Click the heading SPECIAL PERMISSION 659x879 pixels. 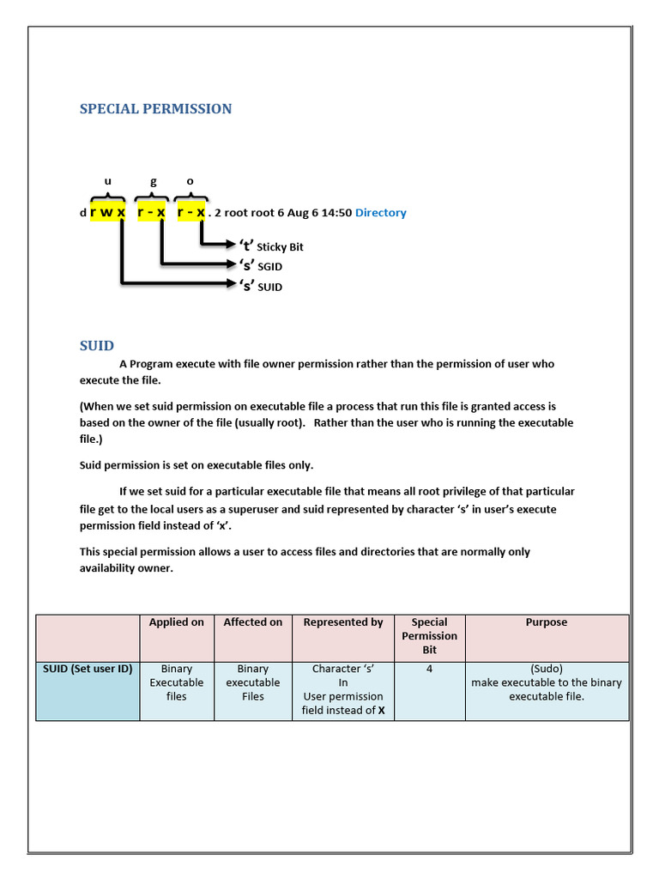tap(155, 109)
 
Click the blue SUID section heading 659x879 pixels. tap(96, 345)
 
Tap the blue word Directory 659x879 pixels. tap(380, 213)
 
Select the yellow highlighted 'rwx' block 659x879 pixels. tap(107, 212)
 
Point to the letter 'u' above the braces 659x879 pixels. tap(107, 181)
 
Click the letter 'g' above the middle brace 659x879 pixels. tap(154, 181)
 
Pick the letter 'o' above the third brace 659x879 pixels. tap(190, 181)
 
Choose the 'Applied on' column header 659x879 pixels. tap(176, 622)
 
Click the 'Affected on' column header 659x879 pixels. tap(252, 622)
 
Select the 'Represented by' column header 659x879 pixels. tap(342, 622)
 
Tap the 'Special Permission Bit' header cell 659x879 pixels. tap(429, 636)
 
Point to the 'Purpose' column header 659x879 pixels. tap(546, 622)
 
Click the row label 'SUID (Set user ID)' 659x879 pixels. tap(88, 669)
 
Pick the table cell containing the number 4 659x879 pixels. tap(429, 669)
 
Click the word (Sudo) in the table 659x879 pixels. tap(546, 669)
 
